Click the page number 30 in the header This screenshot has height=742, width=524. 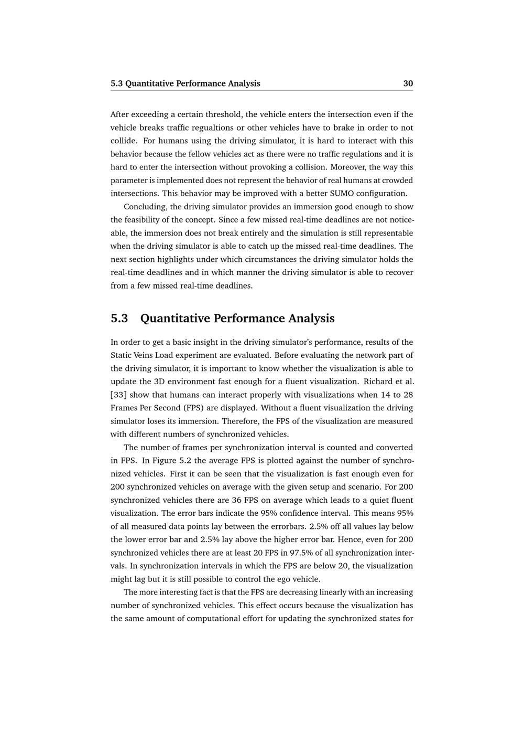click(x=408, y=83)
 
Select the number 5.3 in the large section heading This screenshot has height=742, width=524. click(x=119, y=319)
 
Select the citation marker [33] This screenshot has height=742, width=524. click(x=118, y=395)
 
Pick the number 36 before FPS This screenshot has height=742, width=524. click(x=236, y=500)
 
